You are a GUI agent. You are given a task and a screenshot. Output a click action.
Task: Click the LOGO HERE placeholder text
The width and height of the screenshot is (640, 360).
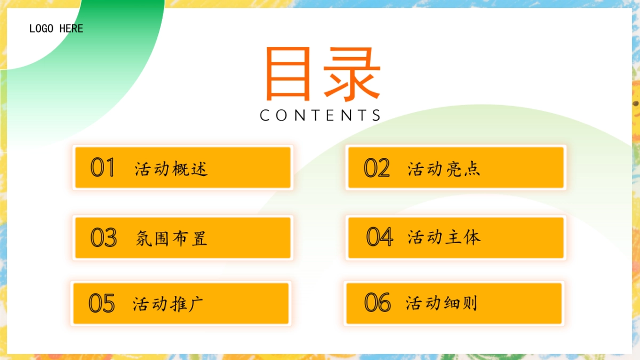pos(56,28)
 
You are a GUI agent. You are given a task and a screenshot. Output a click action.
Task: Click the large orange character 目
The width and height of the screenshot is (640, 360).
pos(288,75)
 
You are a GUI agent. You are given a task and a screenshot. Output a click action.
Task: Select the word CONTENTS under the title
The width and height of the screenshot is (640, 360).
pos(320,115)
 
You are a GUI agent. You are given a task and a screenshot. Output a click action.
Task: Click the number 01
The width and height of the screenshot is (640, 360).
pos(103,167)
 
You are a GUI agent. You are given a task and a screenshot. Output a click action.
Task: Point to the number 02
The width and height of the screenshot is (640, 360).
pos(377,168)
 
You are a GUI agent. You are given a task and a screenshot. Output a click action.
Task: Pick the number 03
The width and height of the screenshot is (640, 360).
pos(103,237)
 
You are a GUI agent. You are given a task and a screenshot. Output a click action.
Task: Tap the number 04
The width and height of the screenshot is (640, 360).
pos(379,237)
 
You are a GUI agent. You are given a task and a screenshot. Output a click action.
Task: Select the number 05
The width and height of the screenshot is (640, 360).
pos(102,303)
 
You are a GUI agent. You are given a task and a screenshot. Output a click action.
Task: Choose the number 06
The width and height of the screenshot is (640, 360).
pos(378,302)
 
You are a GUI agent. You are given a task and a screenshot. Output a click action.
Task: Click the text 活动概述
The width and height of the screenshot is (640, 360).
pos(171,169)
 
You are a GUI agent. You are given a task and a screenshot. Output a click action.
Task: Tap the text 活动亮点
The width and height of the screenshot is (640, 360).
pos(444,169)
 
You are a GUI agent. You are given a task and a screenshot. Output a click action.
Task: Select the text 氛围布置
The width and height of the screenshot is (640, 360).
pos(171,238)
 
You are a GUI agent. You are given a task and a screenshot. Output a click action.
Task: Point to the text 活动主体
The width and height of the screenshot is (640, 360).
pos(444,237)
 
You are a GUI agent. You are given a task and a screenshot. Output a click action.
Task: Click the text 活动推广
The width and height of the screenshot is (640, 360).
pos(168,304)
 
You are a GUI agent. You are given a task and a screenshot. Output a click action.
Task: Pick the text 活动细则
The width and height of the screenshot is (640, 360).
pos(442,303)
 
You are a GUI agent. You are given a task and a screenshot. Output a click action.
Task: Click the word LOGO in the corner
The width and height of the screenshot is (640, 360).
pos(42,28)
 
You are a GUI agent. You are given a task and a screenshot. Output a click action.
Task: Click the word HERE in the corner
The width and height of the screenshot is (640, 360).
pos(71,28)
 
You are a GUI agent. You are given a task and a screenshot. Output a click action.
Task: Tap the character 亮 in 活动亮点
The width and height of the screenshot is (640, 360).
pos(453,169)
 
